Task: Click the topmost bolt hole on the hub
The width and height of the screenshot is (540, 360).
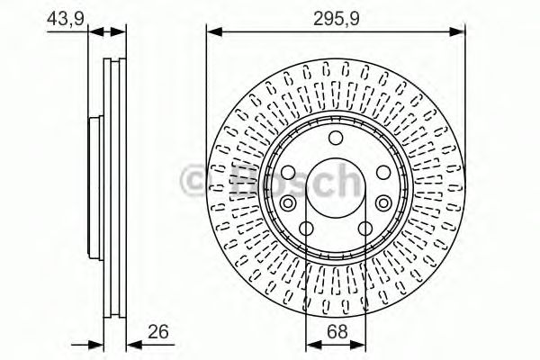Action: [337, 138]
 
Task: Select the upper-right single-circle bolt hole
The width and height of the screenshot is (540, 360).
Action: [384, 173]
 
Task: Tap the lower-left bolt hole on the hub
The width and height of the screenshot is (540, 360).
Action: [307, 229]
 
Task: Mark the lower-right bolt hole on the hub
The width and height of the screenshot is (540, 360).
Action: [367, 229]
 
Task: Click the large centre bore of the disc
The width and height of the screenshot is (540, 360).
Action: [337, 190]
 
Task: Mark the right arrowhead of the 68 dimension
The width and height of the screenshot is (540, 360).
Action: [361, 344]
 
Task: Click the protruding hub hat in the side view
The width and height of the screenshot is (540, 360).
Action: [93, 190]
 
